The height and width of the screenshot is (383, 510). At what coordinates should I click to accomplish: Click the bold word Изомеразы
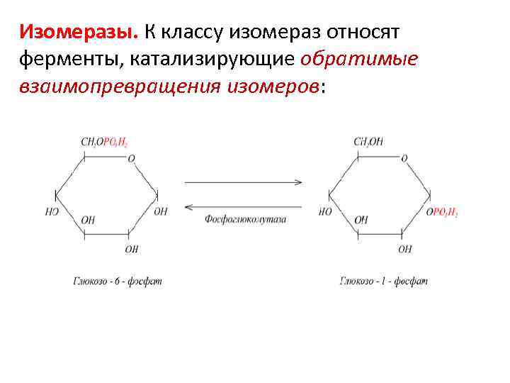tap(79, 31)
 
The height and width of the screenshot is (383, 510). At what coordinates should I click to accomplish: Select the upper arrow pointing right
tap(243, 182)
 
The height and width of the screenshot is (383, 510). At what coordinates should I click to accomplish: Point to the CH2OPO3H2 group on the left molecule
tap(104, 142)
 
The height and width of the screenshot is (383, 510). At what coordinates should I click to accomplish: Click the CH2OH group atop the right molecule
tap(368, 142)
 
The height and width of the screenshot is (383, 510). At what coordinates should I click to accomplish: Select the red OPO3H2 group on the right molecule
tap(442, 212)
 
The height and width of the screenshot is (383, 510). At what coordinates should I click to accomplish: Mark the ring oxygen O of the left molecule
tap(131, 159)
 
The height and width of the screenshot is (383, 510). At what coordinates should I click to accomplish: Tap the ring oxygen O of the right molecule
tap(404, 159)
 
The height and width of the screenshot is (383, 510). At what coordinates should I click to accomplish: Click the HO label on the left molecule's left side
tap(51, 212)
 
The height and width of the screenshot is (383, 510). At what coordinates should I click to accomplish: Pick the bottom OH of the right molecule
tap(404, 249)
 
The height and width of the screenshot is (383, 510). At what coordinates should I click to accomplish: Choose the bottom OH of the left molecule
tap(132, 249)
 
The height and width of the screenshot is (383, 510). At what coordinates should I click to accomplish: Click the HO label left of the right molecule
tap(325, 212)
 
